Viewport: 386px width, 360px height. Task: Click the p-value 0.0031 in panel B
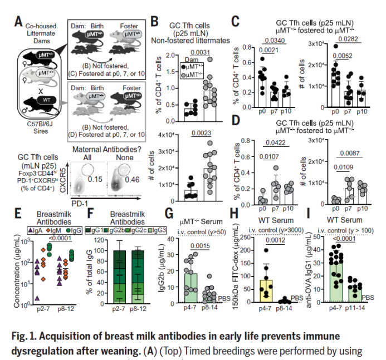(199, 52)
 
